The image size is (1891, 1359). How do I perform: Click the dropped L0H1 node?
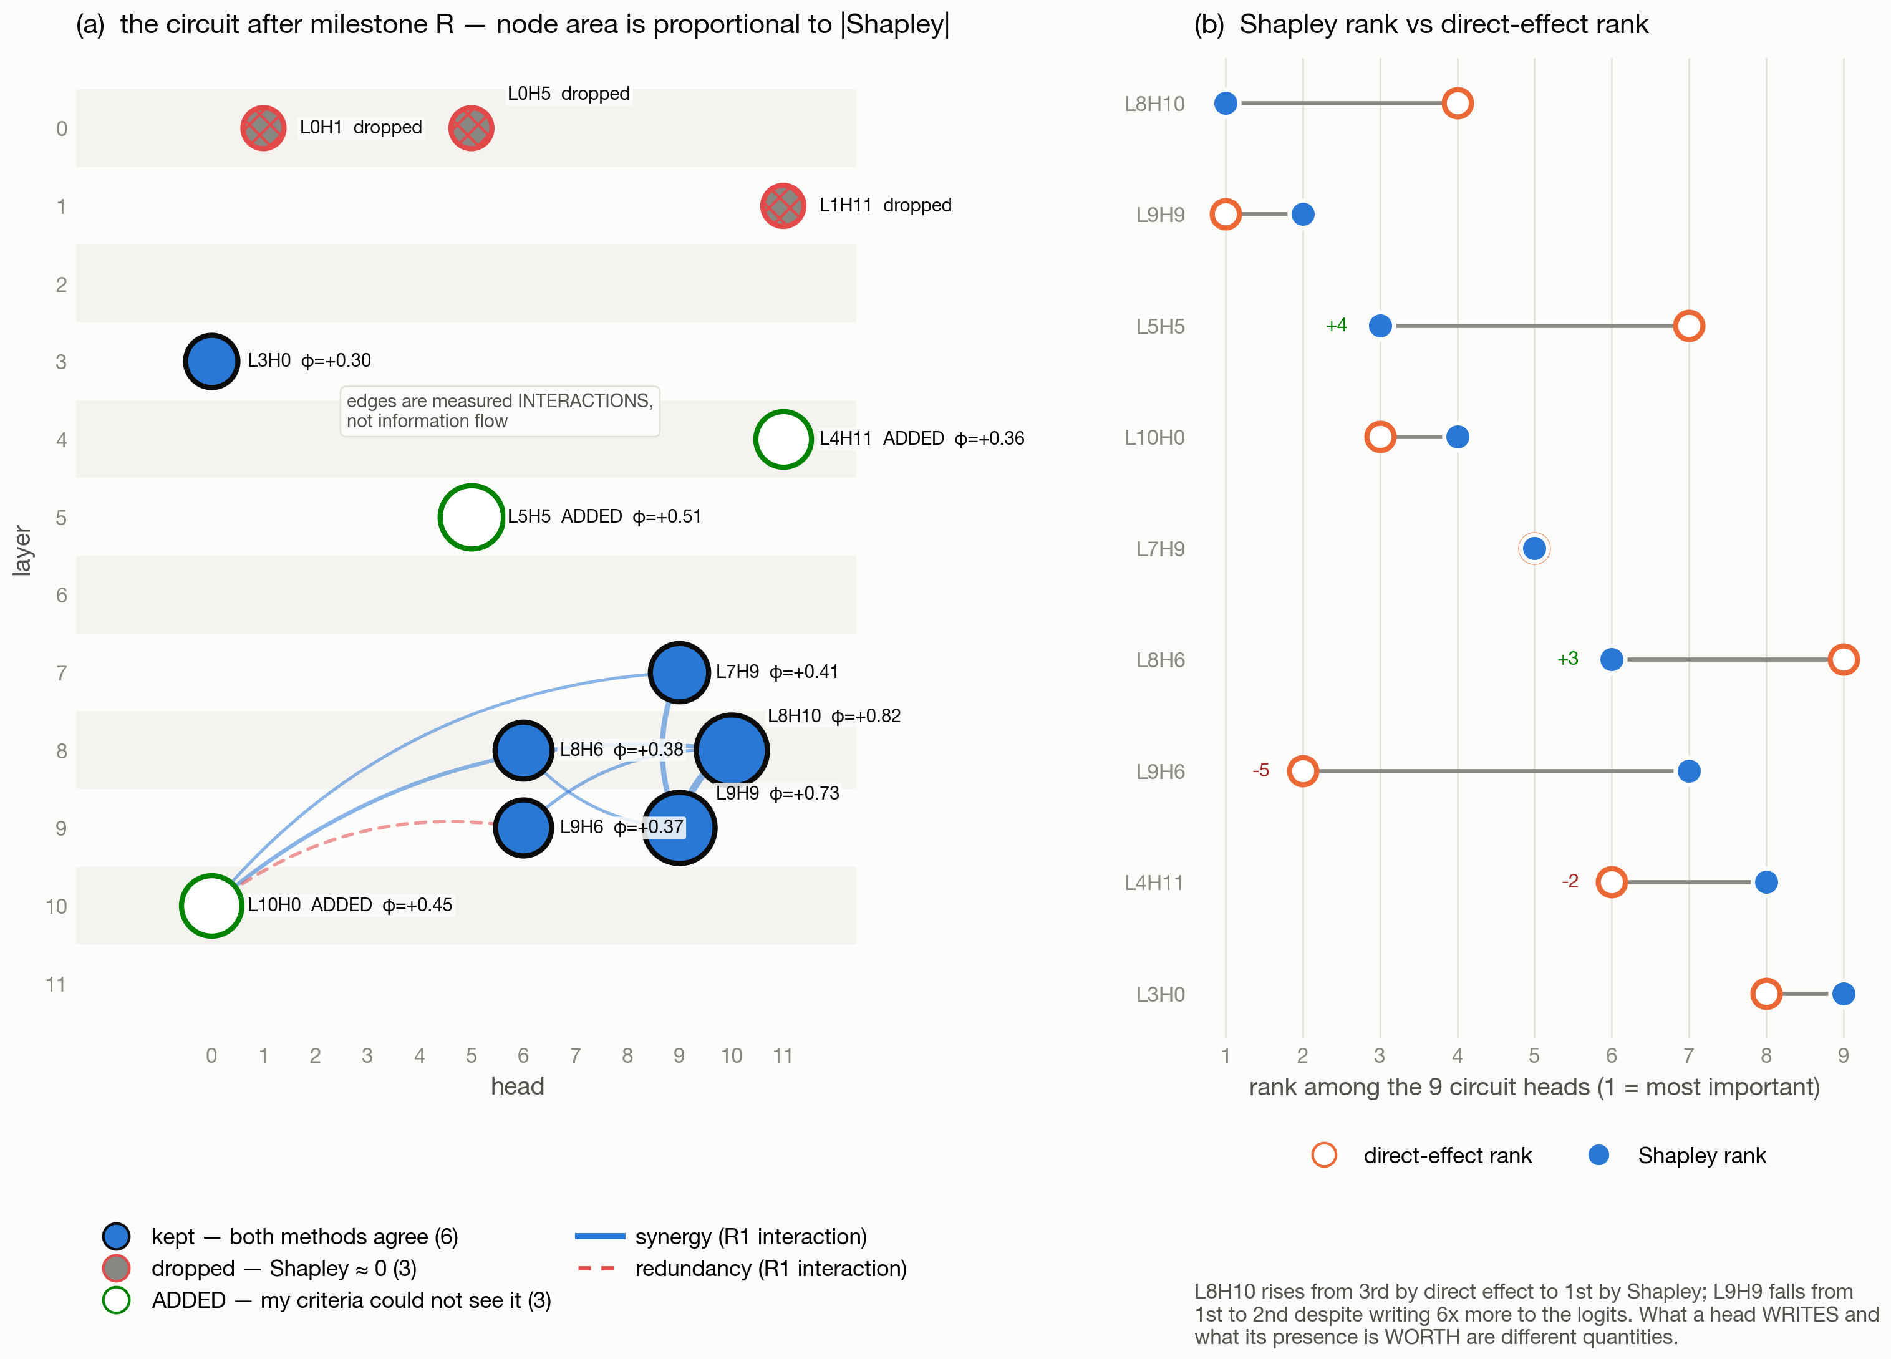coord(263,128)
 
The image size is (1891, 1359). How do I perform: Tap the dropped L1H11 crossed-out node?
coord(783,206)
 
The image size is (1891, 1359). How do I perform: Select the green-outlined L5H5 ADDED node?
coord(471,517)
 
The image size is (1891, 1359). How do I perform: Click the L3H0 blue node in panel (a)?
coord(212,361)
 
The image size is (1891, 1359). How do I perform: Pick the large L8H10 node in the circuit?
coord(731,750)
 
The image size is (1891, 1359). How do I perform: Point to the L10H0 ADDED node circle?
coord(212,906)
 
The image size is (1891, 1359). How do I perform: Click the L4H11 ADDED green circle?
coord(783,439)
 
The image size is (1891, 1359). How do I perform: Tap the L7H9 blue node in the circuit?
coord(680,672)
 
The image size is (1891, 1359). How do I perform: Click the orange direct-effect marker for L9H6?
coord(1302,771)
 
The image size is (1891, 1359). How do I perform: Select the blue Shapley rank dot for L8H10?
coord(1226,104)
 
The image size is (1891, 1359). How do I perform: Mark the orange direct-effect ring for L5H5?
coord(1688,326)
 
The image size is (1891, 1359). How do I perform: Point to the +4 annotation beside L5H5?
coord(1337,325)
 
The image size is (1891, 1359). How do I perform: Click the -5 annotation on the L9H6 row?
coord(1260,770)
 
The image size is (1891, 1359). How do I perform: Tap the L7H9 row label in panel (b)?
coord(1161,549)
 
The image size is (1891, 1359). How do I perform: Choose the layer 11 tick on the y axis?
coord(56,985)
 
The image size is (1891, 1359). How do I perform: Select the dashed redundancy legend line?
coord(596,1268)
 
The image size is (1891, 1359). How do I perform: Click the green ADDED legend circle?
coord(116,1300)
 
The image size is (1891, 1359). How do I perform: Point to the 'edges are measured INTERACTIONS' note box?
coord(500,411)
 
